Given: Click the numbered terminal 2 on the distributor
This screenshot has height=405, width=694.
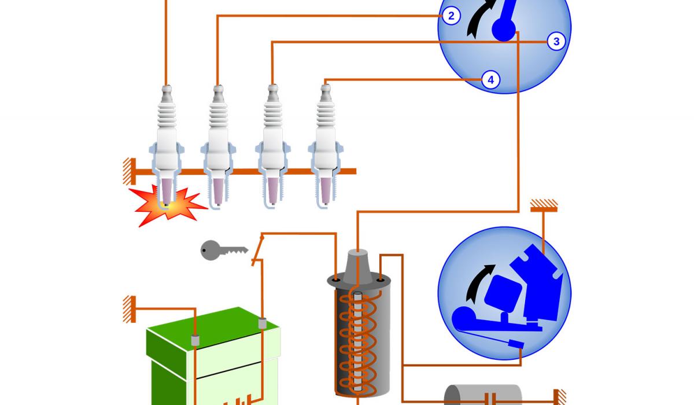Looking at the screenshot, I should tap(452, 16).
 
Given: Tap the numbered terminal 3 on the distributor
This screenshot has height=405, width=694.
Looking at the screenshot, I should tap(556, 42).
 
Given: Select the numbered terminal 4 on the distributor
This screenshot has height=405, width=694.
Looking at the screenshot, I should tap(490, 80).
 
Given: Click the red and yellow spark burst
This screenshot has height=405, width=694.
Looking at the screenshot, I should tap(166, 206).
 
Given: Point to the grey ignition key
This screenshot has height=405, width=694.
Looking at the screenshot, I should tap(223, 251).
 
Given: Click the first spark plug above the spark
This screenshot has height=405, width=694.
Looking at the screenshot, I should tap(167, 145).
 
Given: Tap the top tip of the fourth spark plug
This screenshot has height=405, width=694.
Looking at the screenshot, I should tap(326, 89).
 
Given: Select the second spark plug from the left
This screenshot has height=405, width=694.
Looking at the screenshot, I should tap(217, 145).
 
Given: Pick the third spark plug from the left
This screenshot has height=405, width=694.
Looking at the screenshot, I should tap(272, 145).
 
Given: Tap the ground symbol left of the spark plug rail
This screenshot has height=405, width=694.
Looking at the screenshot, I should tap(128, 171).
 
